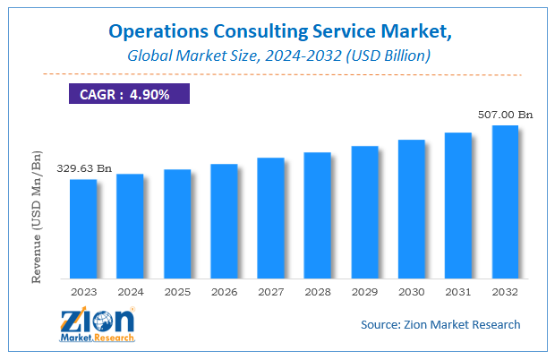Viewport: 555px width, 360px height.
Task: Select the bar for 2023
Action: pos(83,228)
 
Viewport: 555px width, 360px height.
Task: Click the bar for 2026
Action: pos(224,220)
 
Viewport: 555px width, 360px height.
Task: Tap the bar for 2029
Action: pos(364,211)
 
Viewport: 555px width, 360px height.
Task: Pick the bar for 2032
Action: pos(505,201)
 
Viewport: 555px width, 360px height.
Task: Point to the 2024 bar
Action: pos(130,226)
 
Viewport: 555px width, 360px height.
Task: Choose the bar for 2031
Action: pos(458,205)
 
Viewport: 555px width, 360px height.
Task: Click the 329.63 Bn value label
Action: pos(84,167)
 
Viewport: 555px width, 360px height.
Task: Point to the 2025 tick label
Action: pos(177,291)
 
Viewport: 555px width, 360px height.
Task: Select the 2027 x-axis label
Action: pos(270,291)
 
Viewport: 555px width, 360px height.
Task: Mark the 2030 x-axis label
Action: pos(411,291)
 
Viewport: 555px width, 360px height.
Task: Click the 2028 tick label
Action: pos(318,291)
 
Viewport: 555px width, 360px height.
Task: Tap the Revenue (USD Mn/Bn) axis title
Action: pos(38,217)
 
